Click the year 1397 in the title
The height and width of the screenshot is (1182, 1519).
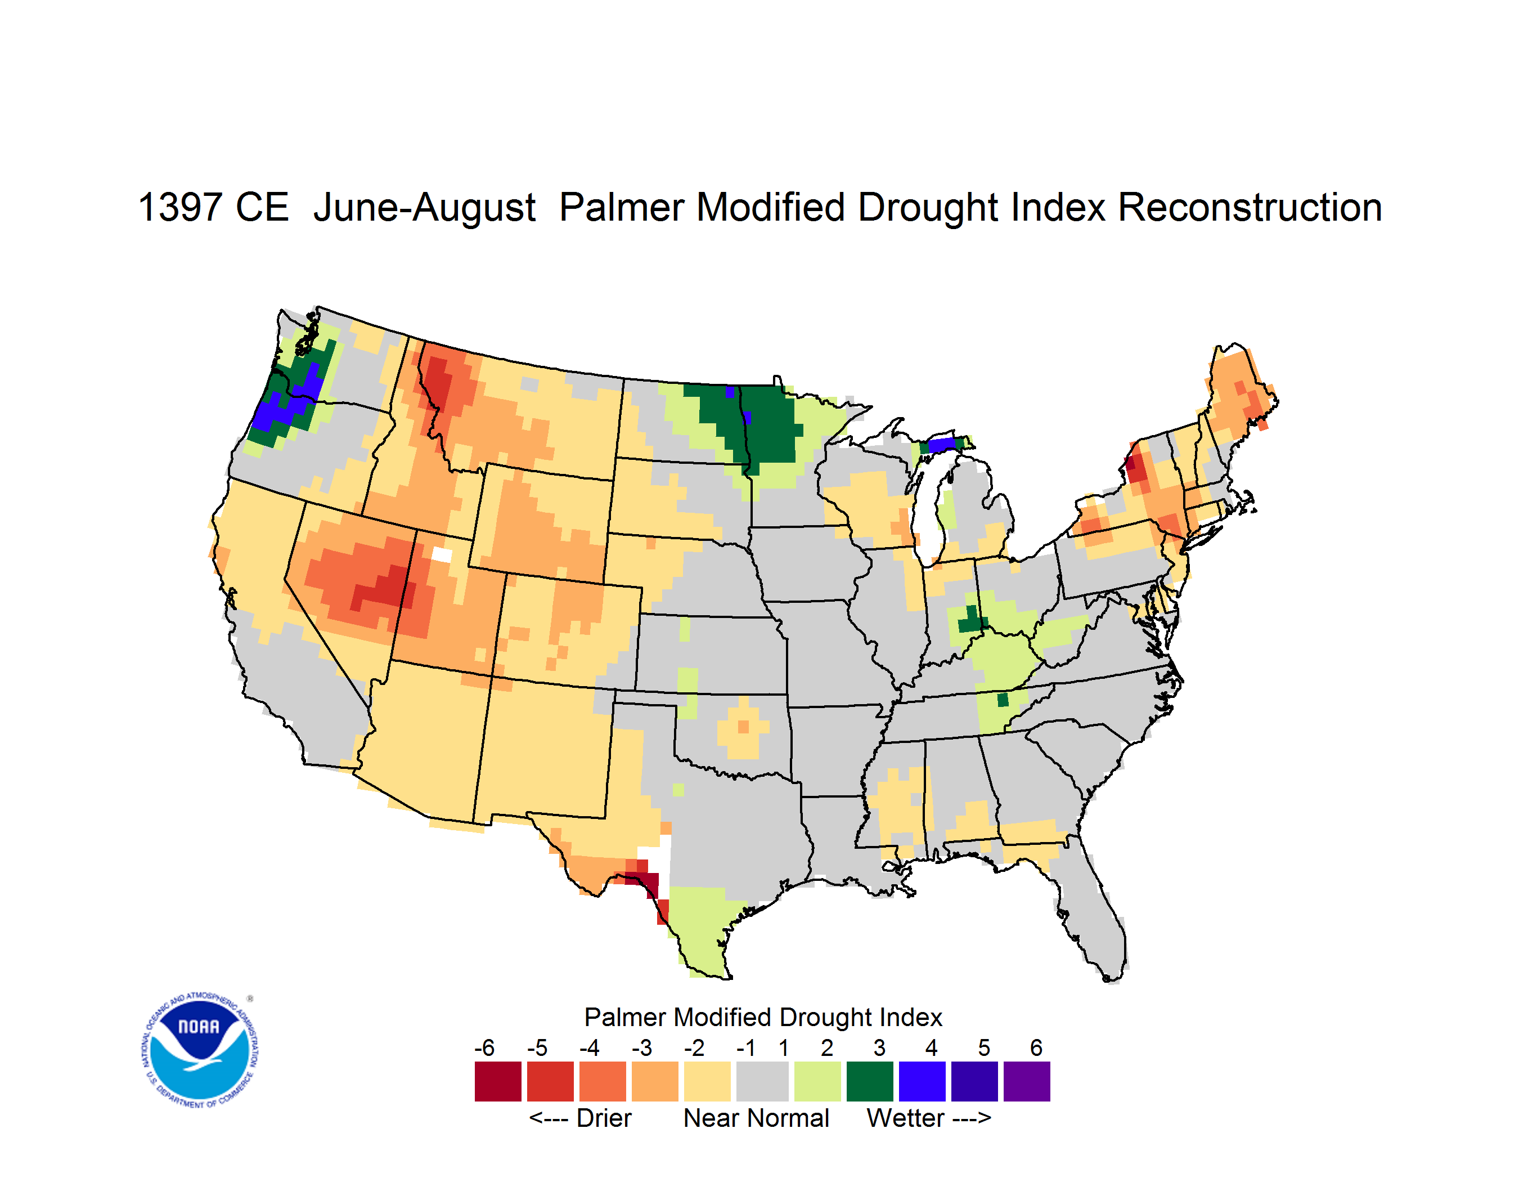pyautogui.click(x=179, y=208)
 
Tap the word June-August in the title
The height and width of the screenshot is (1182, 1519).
pyautogui.click(x=424, y=209)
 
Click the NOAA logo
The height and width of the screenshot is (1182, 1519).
pyautogui.click(x=200, y=1050)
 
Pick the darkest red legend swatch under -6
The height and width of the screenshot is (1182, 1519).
pyautogui.click(x=498, y=1081)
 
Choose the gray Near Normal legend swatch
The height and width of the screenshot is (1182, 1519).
pyautogui.click(x=762, y=1081)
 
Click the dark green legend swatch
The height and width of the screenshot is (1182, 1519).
pyautogui.click(x=869, y=1081)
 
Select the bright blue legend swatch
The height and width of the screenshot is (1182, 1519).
pyautogui.click(x=922, y=1081)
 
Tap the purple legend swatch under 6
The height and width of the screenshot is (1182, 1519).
pyautogui.click(x=1027, y=1081)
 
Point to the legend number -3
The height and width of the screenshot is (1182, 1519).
pyautogui.click(x=642, y=1047)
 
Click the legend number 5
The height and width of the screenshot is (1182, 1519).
pyautogui.click(x=984, y=1047)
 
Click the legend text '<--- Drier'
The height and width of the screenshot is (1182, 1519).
pyautogui.click(x=580, y=1118)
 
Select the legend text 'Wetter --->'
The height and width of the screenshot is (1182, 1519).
pyautogui.click(x=928, y=1118)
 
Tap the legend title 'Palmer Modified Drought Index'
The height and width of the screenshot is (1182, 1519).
pyautogui.click(x=763, y=1017)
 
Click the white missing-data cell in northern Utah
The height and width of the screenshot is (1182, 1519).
pyautogui.click(x=442, y=554)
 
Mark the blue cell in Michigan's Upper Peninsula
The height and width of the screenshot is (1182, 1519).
pyautogui.click(x=942, y=445)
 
